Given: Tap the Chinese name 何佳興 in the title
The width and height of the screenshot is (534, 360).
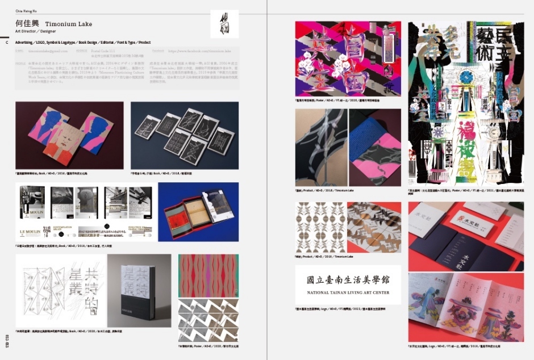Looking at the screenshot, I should click(x=26, y=24).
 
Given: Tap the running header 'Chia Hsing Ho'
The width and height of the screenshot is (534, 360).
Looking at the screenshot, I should click(x=26, y=10).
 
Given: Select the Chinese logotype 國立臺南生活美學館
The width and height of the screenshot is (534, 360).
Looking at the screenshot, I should click(x=348, y=280).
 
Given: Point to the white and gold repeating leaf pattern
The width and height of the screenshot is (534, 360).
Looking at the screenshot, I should click(x=320, y=227).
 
